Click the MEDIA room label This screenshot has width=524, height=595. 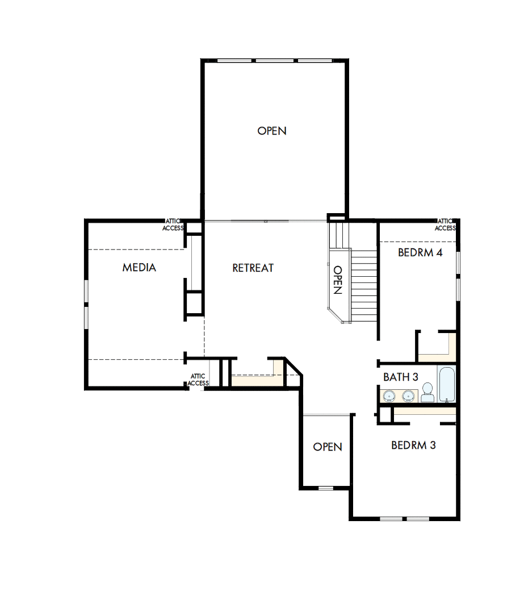click(139, 267)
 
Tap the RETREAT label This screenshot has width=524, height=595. click(253, 268)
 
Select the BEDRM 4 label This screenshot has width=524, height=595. click(420, 253)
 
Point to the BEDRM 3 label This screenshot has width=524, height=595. click(413, 445)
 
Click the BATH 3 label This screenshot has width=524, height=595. click(401, 377)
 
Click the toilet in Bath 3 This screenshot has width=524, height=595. click(427, 392)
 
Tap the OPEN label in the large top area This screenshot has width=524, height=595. click(272, 131)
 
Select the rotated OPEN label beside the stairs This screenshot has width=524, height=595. click(337, 280)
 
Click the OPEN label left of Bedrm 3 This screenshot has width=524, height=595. click(328, 447)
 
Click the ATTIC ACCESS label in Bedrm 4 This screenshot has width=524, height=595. click(445, 225)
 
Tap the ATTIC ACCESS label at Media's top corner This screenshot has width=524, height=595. click(173, 225)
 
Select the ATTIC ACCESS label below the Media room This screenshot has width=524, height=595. click(198, 380)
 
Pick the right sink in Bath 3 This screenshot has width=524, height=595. click(408, 395)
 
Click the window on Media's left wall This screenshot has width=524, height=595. click(86, 304)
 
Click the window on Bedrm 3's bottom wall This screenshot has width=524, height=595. click(404, 518)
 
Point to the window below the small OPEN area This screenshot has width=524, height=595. click(326, 488)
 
